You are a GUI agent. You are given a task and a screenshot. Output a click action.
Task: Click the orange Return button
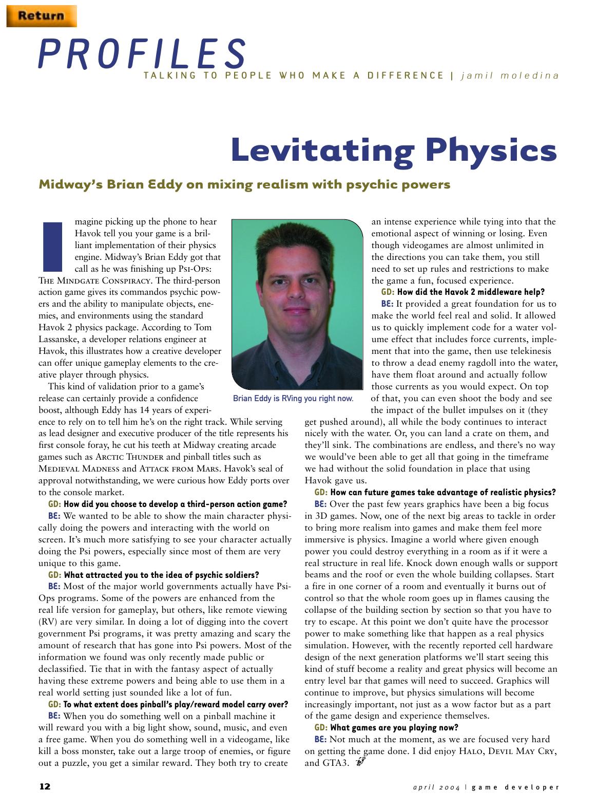pyautogui.click(x=41, y=15)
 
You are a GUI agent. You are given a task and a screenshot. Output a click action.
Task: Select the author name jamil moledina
pyautogui.click(x=510, y=76)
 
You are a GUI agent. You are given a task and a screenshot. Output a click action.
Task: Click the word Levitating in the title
pyautogui.click(x=322, y=150)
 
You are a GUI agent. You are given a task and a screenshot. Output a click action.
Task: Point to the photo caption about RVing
pyautogui.click(x=293, y=399)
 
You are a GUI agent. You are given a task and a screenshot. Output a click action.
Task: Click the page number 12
pyautogui.click(x=45, y=786)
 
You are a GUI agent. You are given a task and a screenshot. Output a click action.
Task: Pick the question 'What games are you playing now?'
pyautogui.click(x=394, y=728)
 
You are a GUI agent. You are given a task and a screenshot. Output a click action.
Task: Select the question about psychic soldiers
pyautogui.click(x=161, y=575)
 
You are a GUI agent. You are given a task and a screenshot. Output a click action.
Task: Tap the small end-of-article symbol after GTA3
pyautogui.click(x=360, y=763)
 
